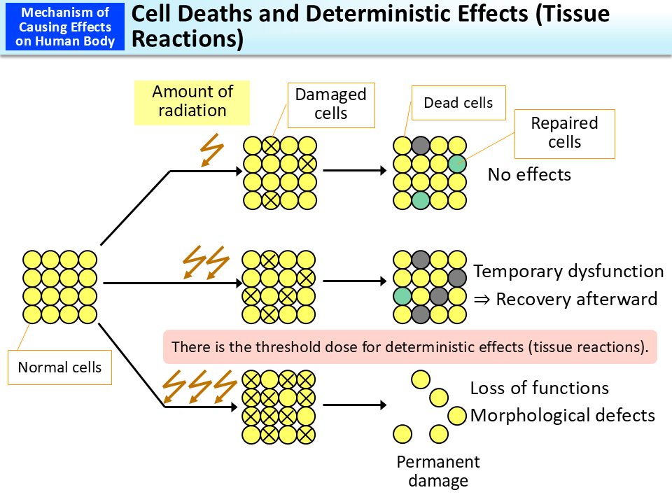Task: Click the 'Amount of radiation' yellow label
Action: [x=192, y=101]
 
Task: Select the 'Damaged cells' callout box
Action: [x=330, y=104]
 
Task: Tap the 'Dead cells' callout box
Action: [x=458, y=103]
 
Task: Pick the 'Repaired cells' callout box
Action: [x=564, y=133]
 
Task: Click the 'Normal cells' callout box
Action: [x=59, y=367]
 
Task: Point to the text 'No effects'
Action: [x=529, y=174]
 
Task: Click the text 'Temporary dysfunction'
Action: [x=568, y=272]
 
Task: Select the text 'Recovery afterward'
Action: [x=576, y=300]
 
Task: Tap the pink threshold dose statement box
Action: [x=410, y=346]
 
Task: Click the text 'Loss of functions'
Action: [x=539, y=388]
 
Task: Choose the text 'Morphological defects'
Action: [x=563, y=415]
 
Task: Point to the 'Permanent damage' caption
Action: [x=438, y=471]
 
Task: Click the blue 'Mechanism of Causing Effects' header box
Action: [x=64, y=27]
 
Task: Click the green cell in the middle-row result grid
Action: [x=402, y=296]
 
